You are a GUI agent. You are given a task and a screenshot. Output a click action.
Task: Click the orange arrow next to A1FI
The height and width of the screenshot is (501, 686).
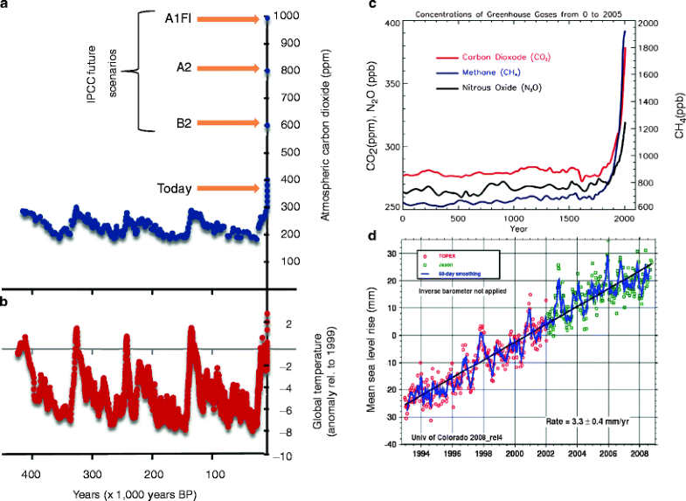[x=228, y=17]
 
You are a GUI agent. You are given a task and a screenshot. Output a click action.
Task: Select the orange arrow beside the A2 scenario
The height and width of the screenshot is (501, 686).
[x=228, y=70]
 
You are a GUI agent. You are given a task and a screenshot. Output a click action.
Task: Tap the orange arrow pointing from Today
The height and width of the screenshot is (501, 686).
[x=228, y=187]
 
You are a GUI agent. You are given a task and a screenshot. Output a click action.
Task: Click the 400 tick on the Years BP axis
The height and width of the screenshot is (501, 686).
[x=31, y=475]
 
